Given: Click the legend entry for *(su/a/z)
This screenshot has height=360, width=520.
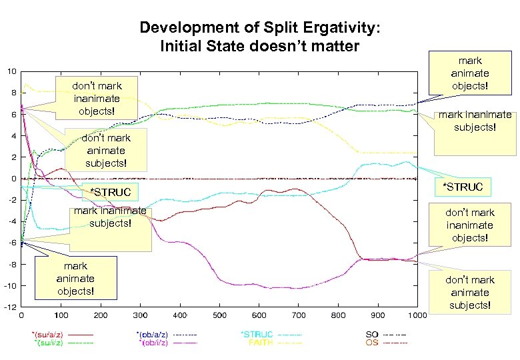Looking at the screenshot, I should tap(49, 334).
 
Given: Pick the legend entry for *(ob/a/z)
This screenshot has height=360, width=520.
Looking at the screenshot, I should tap(156, 334).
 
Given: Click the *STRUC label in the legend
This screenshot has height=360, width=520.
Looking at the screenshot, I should tap(257, 334).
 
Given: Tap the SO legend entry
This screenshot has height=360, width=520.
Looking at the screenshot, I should tap(372, 334).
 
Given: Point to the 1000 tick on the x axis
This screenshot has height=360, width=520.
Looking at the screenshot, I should tap(417, 315).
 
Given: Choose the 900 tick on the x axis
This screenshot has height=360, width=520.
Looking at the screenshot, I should tap(378, 315).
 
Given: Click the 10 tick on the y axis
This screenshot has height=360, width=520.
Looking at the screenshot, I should tap(11, 71).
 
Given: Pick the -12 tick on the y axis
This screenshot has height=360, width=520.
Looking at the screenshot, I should tap(10, 307).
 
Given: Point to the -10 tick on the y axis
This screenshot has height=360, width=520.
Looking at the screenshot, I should tap(10, 286).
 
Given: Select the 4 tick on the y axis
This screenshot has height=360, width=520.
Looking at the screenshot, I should tap(13, 136).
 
